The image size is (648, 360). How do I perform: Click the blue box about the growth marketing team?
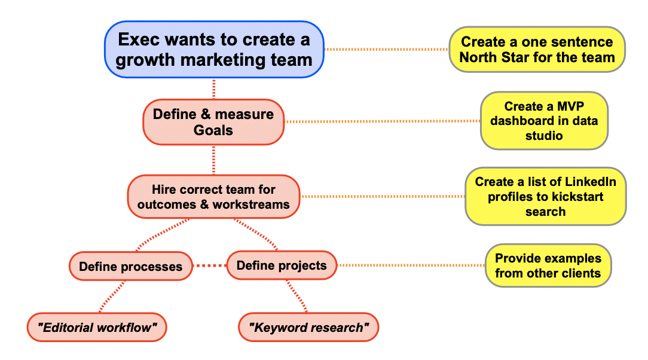214,50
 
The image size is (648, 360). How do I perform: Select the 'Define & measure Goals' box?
213,122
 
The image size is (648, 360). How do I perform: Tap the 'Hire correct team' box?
213,197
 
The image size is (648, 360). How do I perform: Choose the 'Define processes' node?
130,266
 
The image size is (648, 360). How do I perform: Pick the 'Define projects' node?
282,266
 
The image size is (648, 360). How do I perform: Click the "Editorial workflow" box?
97,327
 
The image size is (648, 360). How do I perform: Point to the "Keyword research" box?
308,327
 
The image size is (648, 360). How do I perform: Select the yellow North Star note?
537,50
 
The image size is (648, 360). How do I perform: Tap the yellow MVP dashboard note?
544,121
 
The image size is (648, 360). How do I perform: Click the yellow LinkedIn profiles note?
546,196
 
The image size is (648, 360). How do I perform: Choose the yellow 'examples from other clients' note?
548,266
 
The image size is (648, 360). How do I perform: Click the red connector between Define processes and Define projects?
210,266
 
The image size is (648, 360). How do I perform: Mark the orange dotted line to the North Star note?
386,49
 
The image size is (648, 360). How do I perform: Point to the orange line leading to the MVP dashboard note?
383,121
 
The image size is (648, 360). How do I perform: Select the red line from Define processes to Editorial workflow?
112,297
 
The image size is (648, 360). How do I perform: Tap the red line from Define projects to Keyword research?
297,296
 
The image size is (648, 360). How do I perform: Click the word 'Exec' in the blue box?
137,39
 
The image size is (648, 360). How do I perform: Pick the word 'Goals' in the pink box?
213,130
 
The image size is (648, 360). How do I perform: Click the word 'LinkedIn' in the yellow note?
591,182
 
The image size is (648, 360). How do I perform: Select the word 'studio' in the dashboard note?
544,136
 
